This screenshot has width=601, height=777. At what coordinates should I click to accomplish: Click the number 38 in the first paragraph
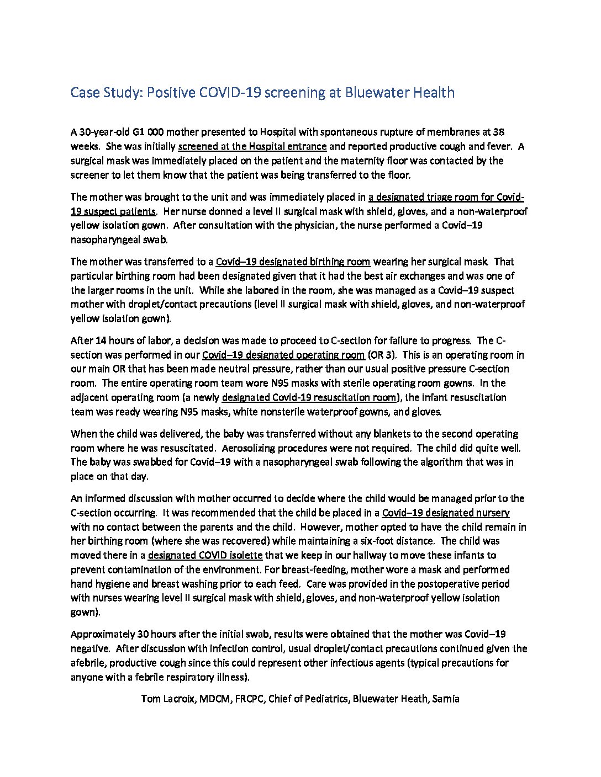click(498, 132)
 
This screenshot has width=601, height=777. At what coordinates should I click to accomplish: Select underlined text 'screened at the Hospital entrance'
click(252, 147)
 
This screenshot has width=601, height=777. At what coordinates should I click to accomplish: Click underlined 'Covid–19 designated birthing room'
click(293, 262)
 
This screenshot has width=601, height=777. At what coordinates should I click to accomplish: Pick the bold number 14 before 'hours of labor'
click(101, 340)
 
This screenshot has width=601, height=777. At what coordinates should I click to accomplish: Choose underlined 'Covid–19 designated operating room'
click(283, 355)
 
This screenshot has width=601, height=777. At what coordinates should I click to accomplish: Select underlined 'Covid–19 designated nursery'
click(445, 513)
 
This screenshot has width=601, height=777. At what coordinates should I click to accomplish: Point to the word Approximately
click(103, 634)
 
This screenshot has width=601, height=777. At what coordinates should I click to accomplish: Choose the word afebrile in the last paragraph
click(88, 663)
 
